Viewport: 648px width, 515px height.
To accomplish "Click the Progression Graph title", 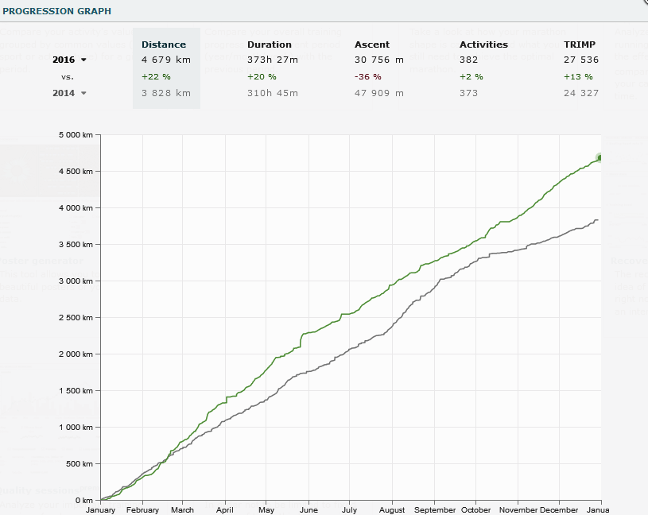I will [x=57, y=12].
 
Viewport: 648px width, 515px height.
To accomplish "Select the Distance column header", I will [x=164, y=45].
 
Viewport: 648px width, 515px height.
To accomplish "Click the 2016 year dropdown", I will [x=69, y=60].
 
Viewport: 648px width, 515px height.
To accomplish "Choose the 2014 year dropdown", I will [x=69, y=93].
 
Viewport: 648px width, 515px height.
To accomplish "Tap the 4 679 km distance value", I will [x=165, y=60].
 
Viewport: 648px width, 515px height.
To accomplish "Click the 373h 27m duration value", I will [x=273, y=60].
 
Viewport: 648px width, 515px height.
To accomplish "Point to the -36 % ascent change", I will [x=368, y=76].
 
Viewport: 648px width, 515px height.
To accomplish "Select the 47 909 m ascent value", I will [x=379, y=93].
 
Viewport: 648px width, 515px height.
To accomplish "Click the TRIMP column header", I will [x=580, y=45].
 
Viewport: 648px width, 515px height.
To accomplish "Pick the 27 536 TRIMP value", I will [x=580, y=60].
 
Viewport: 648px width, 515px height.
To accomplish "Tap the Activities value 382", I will [x=470, y=60].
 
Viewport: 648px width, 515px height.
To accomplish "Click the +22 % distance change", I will [x=156, y=76].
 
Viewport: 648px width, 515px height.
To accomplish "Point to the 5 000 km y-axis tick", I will [x=76, y=135].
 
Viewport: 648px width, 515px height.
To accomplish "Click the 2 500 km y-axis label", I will [x=76, y=318].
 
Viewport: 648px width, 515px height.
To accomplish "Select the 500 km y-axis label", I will [x=80, y=464].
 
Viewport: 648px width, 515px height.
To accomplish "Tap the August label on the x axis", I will [x=392, y=510].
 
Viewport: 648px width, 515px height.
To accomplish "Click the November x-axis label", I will [x=518, y=510].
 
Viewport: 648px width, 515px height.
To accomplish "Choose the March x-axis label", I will [x=182, y=510].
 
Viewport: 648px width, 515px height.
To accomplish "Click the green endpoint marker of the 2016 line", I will [x=600, y=157].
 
